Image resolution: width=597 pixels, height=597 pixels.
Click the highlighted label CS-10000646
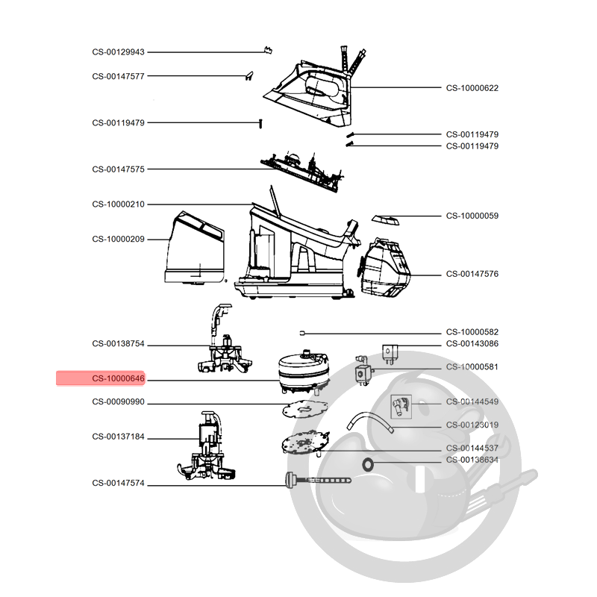tap(118, 378)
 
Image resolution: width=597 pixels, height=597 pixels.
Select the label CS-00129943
tap(118, 52)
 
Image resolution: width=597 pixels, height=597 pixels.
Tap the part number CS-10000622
tap(472, 88)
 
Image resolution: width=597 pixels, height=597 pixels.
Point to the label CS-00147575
tap(118, 169)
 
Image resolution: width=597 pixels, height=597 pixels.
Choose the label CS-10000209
tap(118, 239)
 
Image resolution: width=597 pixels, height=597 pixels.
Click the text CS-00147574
tap(118, 483)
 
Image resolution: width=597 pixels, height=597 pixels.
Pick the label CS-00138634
tap(472, 460)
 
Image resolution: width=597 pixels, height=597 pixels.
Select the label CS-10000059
tap(472, 216)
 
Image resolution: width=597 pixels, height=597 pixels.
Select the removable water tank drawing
tap(195, 249)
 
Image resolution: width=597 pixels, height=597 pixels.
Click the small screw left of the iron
tap(260, 123)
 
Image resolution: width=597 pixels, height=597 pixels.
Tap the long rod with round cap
tap(318, 480)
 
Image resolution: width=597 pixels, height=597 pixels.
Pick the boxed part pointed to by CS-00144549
tap(401, 407)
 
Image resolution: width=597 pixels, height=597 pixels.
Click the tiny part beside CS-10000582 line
tap(302, 334)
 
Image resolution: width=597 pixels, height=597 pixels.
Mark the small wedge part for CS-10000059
tap(385, 219)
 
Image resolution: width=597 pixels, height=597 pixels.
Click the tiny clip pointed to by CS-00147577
tap(249, 76)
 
